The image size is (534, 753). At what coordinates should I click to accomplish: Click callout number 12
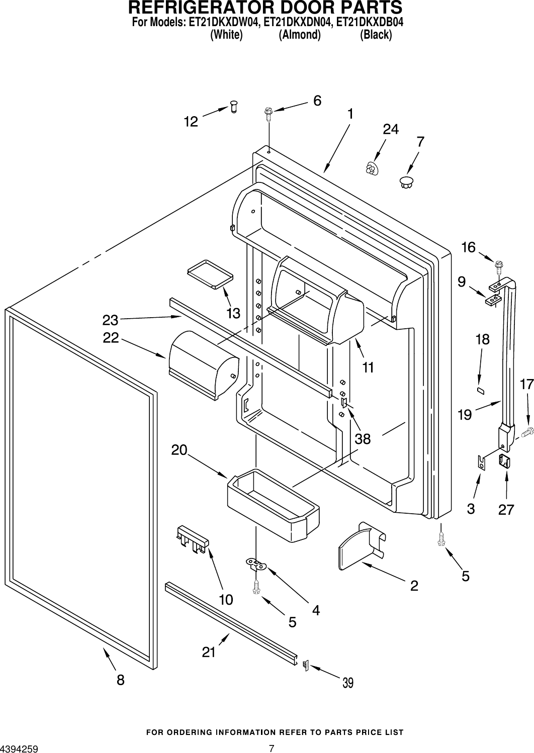coord(191,122)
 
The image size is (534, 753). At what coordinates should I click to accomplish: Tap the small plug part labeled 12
coord(233,106)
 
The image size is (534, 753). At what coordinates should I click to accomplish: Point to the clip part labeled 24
coord(372,168)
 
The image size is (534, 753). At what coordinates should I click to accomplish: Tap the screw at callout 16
coord(499,264)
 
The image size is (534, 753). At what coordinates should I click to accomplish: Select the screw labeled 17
coord(527,431)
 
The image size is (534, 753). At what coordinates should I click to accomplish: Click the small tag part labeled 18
coord(480,390)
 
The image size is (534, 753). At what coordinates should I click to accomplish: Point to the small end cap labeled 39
coord(305,665)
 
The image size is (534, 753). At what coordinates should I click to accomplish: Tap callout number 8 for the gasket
coord(120,680)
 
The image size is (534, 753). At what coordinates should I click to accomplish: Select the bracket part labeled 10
coord(193,539)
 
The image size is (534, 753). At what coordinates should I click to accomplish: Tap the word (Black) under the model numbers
coord(376,35)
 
